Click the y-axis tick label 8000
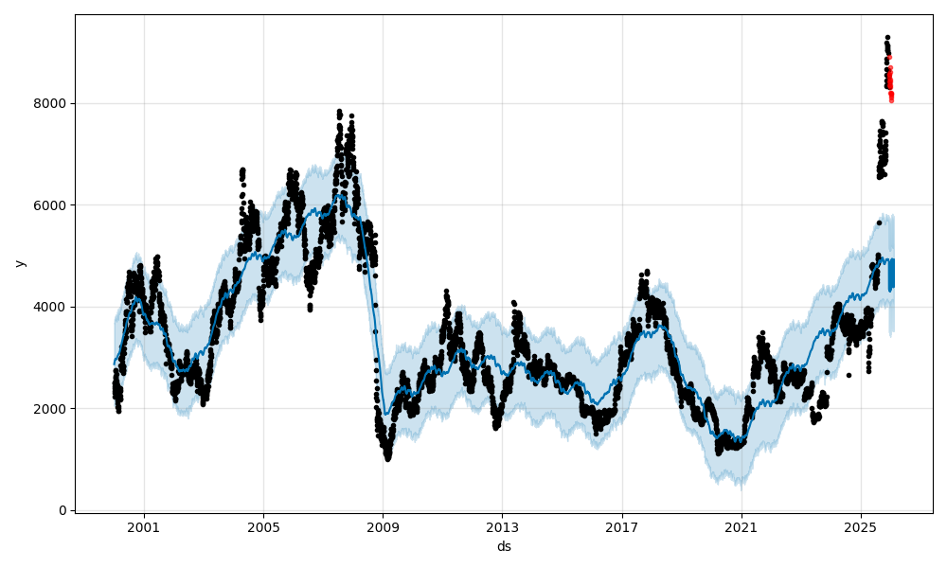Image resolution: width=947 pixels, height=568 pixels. click(50, 103)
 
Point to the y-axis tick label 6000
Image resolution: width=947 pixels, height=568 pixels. click(50, 204)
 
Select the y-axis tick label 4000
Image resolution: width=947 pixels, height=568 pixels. click(50, 307)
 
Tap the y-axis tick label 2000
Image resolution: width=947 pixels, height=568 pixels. click(50, 409)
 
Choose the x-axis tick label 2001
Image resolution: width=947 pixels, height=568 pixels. click(144, 527)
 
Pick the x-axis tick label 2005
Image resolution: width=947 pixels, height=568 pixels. click(263, 527)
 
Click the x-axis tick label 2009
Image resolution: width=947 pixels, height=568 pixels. click(383, 527)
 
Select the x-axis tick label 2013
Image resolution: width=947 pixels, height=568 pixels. click(502, 527)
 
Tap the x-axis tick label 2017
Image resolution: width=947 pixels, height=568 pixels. click(622, 527)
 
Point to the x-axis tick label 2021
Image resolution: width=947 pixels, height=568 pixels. click(742, 527)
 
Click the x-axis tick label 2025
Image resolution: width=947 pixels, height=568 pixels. click(861, 527)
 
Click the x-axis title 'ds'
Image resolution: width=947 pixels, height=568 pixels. click(504, 546)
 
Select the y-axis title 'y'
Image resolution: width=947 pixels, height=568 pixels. click(18, 263)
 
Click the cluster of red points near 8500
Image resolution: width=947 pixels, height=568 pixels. click(890, 80)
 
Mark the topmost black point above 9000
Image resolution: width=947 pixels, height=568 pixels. click(887, 38)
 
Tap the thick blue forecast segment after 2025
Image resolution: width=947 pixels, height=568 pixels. click(890, 275)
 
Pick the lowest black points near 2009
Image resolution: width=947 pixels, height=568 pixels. click(387, 456)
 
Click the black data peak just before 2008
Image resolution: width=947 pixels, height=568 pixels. click(339, 113)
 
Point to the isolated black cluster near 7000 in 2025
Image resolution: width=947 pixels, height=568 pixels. click(883, 151)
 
